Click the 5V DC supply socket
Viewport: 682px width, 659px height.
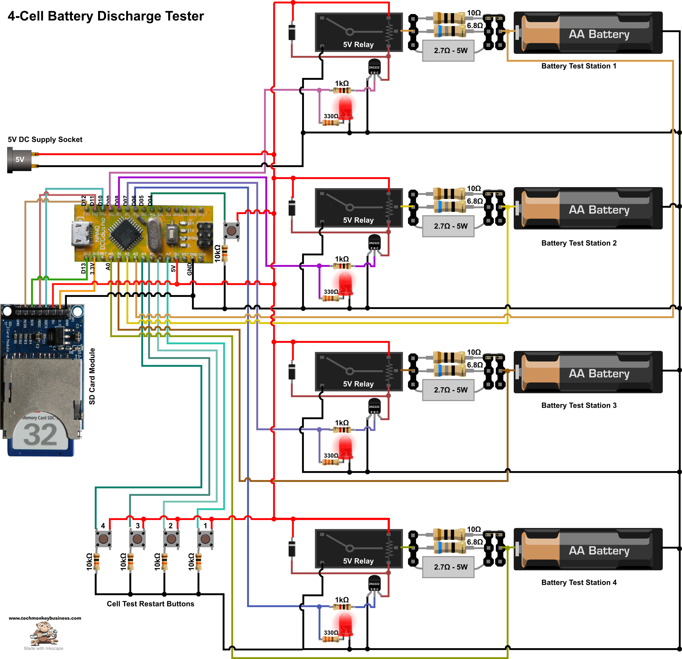(19, 160)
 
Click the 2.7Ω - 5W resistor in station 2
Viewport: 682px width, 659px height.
(448, 226)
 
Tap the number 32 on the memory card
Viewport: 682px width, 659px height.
(40, 435)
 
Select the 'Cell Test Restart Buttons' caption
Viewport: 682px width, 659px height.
(150, 604)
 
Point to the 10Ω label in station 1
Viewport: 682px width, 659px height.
(474, 13)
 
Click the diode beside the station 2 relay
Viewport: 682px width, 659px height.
(292, 207)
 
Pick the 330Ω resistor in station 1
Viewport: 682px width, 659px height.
(330, 122)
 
